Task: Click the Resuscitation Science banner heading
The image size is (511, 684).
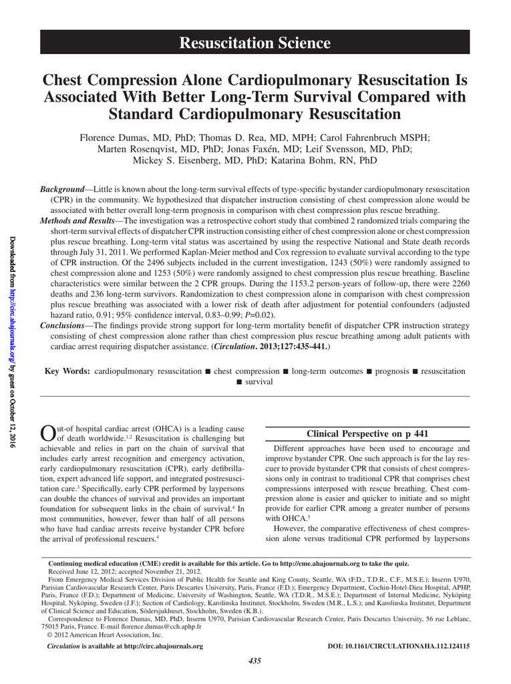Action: coord(255,44)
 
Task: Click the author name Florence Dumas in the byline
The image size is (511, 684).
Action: coord(112,138)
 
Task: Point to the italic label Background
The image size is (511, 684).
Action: coord(62,190)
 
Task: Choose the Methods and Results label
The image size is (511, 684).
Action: coord(77,220)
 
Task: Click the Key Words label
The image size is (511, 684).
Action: coord(67,371)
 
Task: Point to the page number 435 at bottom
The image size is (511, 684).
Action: coord(254,661)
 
